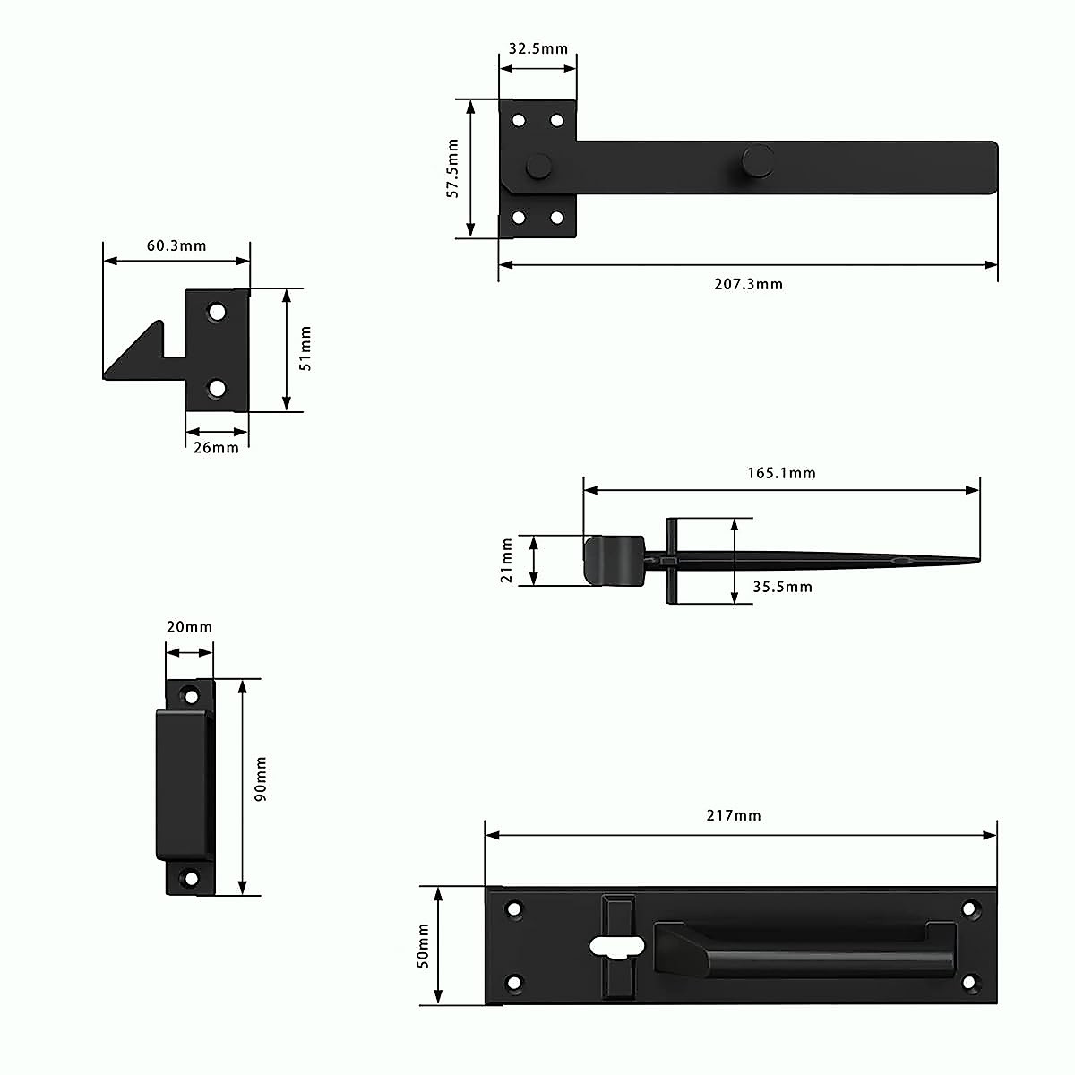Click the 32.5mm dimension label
click(x=537, y=48)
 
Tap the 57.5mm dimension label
click(x=452, y=168)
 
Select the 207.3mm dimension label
click(x=748, y=284)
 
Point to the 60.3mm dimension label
click(x=176, y=245)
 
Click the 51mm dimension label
click(x=305, y=349)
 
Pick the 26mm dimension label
click(x=217, y=447)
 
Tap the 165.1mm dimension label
click(x=781, y=473)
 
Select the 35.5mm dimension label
click(x=782, y=587)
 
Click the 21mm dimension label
click(x=507, y=561)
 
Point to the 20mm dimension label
click(x=189, y=627)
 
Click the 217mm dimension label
click(x=733, y=815)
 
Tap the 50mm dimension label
click(x=424, y=946)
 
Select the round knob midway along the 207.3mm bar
click(x=758, y=160)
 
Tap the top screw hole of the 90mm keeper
click(x=190, y=695)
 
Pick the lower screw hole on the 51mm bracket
click(x=217, y=389)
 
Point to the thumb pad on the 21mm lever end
click(x=614, y=561)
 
